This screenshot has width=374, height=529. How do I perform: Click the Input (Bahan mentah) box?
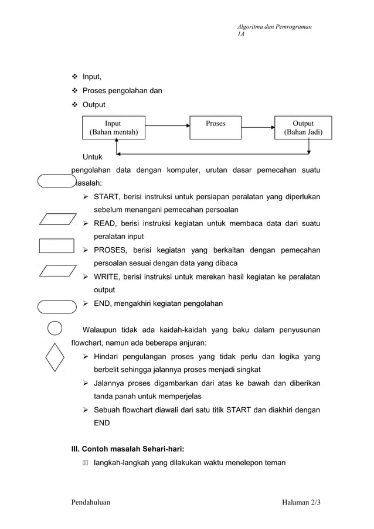(113, 128)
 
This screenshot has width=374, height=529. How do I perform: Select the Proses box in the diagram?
(215, 128)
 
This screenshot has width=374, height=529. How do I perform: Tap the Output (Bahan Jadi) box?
(303, 128)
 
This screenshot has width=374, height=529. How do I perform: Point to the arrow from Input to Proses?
(168, 124)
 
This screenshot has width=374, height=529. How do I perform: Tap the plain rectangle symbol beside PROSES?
(56, 245)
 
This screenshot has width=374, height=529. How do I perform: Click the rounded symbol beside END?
(56, 306)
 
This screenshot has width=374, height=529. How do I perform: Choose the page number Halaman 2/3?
(301, 502)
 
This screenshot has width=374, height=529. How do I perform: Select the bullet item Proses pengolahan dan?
(122, 91)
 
